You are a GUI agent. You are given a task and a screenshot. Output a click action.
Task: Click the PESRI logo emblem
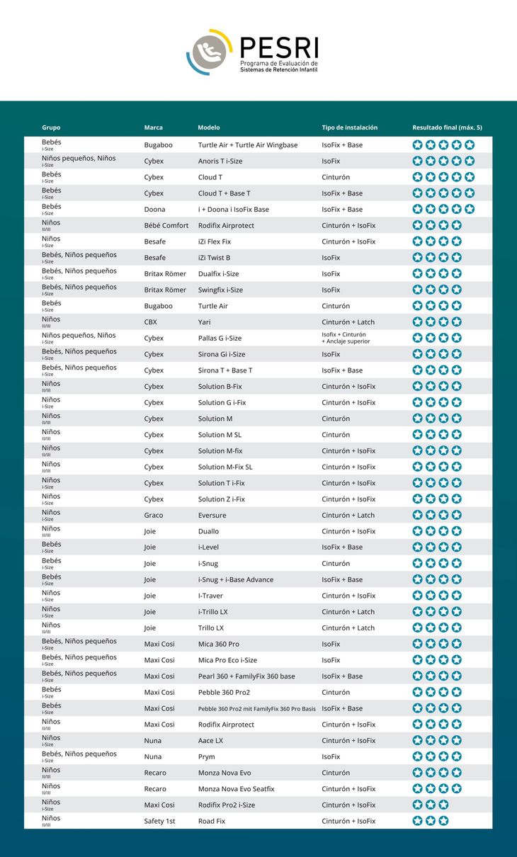[x=210, y=52]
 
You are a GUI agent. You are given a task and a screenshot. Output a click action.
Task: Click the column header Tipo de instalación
[x=349, y=127]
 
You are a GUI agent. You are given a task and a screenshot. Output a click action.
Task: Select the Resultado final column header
[x=447, y=127]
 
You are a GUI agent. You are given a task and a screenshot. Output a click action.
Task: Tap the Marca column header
[x=153, y=127]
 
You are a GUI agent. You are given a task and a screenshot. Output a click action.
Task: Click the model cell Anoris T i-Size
[x=220, y=161]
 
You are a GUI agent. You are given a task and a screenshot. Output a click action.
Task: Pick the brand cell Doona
[x=154, y=210]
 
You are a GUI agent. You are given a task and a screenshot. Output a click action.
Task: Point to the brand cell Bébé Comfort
[x=166, y=226]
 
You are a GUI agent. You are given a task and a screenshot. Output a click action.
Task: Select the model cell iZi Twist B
[x=214, y=258]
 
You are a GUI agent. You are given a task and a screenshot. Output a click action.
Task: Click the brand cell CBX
[x=151, y=322]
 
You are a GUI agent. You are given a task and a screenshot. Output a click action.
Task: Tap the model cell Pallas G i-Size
[x=220, y=339]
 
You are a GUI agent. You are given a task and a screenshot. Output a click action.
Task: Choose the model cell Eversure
[x=212, y=516]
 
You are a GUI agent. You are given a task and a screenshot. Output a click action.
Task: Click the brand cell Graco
[x=154, y=516]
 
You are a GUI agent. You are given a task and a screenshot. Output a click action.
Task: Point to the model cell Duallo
[x=208, y=531]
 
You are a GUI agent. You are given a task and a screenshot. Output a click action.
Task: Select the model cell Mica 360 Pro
[x=219, y=645]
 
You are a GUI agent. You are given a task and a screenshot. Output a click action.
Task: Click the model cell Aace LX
[x=210, y=741]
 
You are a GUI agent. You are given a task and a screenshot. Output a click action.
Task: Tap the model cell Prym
[x=206, y=757]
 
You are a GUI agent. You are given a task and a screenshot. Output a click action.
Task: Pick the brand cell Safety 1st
[x=159, y=822]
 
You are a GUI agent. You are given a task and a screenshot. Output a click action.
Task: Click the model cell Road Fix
[x=212, y=822]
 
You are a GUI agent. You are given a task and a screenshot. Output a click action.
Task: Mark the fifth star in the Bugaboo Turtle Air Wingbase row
[x=469, y=145]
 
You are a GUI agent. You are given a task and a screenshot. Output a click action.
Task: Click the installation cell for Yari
[x=348, y=322]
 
